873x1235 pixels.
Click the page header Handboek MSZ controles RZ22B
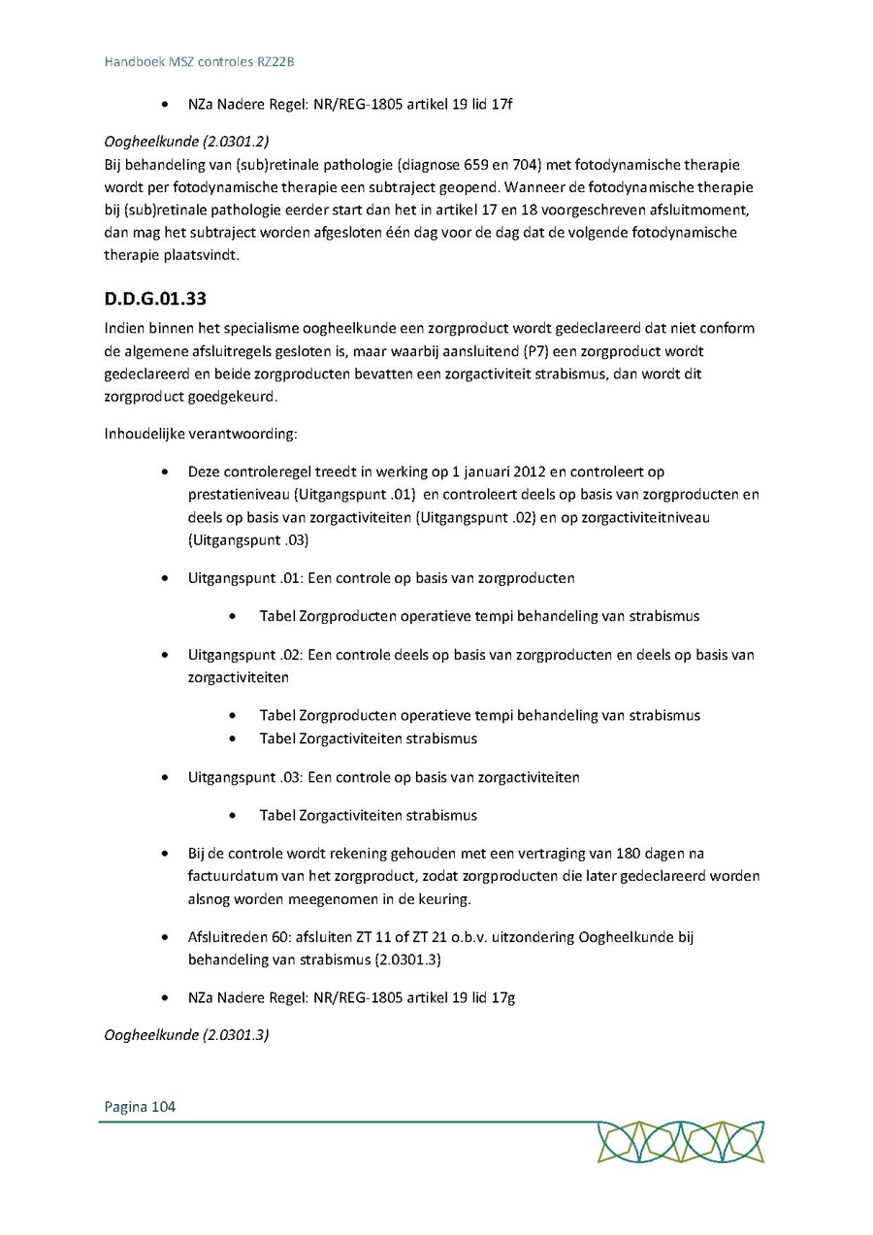(199, 62)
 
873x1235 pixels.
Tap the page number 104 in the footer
(163, 1106)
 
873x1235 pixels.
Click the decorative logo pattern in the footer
(680, 1142)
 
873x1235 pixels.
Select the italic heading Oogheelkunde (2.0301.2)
(186, 141)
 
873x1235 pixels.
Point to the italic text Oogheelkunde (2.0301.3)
(186, 1035)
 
